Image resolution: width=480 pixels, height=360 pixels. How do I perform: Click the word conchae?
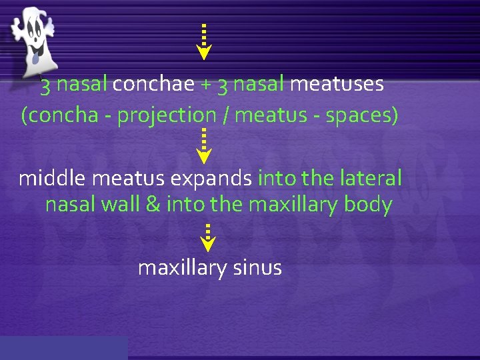pos(153,85)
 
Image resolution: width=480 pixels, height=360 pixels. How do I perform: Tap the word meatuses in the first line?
pos(337,85)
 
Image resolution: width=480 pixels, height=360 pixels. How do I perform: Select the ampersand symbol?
pos(153,204)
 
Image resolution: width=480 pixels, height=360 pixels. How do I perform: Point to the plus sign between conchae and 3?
pos(206,85)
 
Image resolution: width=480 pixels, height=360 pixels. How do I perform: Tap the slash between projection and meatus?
pos(227,116)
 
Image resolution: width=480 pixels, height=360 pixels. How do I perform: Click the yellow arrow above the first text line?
pos(203,42)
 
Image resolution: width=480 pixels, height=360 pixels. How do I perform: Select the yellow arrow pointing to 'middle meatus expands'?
pos(204,147)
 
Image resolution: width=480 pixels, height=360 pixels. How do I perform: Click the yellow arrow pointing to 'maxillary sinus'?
pos(208,238)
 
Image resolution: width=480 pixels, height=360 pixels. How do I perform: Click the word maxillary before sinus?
pos(183,267)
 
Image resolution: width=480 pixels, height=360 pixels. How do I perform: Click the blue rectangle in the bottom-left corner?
pos(63,348)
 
